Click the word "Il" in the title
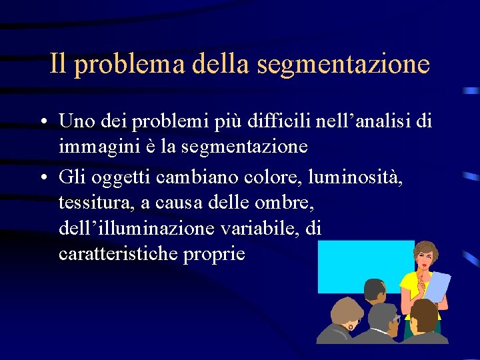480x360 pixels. [x=58, y=64]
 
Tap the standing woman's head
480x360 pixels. [x=425, y=257]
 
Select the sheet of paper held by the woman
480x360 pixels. [x=437, y=287]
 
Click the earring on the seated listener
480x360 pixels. [x=351, y=327]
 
